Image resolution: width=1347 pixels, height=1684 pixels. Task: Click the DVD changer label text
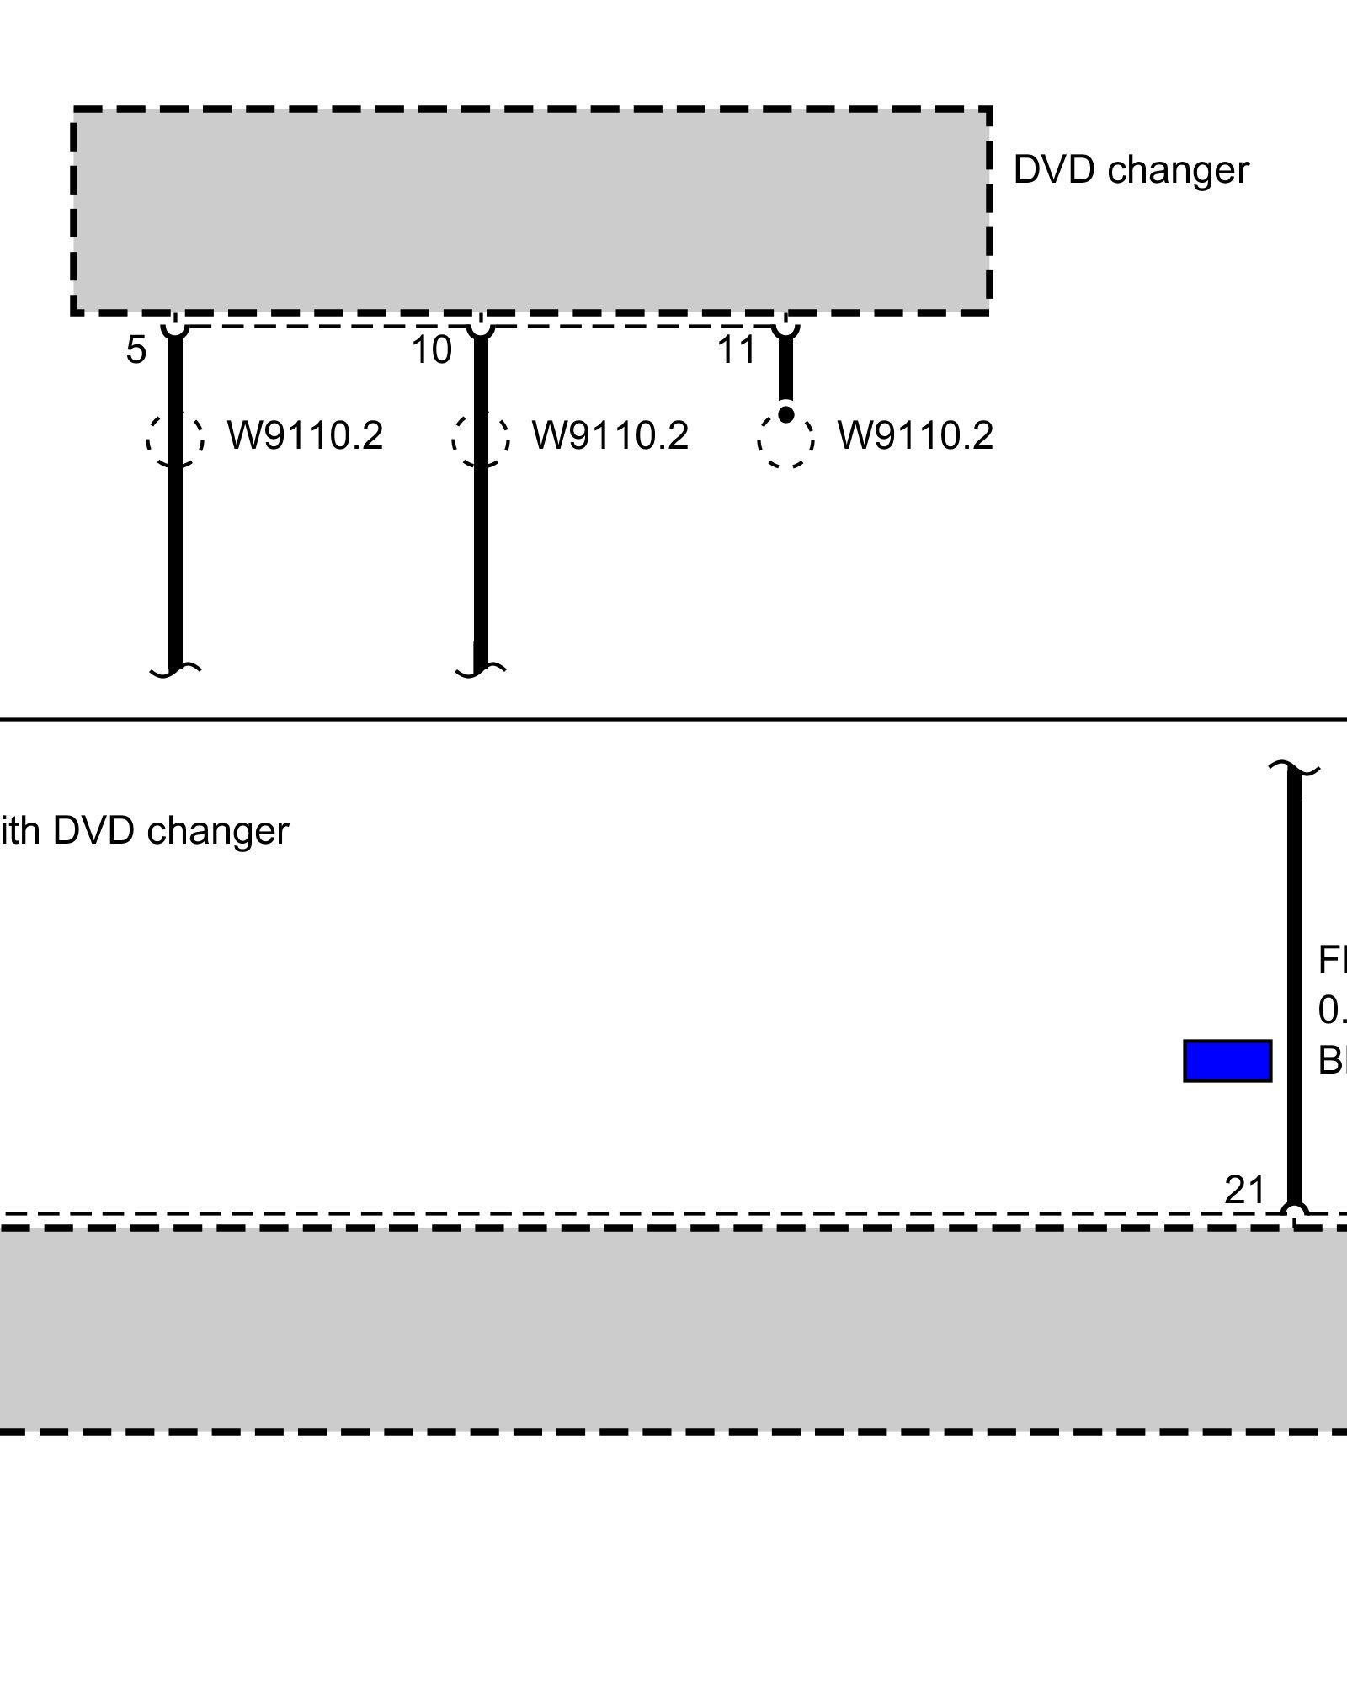click(1131, 170)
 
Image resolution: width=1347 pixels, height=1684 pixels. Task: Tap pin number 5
click(136, 350)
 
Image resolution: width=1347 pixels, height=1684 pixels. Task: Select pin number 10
click(432, 350)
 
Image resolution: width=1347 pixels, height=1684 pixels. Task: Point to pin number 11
click(737, 350)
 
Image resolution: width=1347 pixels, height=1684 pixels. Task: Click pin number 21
click(1245, 1191)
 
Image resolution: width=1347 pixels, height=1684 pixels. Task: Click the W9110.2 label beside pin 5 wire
click(305, 436)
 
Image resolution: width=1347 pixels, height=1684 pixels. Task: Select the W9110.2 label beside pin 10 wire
click(610, 436)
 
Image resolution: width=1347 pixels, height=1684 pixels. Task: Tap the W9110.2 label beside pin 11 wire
click(915, 436)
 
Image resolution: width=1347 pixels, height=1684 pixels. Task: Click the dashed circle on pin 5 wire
click(175, 439)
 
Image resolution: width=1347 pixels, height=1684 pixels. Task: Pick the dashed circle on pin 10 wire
click(481, 439)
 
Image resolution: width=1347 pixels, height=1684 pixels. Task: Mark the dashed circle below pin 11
click(785, 440)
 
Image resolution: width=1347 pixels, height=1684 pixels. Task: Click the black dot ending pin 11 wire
click(785, 414)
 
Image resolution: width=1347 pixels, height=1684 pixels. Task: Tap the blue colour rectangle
click(1227, 1060)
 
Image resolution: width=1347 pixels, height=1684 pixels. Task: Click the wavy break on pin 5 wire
click(175, 669)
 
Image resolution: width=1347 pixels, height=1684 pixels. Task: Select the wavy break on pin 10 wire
click(481, 669)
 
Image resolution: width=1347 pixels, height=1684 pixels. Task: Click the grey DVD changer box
click(530, 210)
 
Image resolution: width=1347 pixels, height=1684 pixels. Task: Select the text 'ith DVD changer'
click(145, 831)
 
